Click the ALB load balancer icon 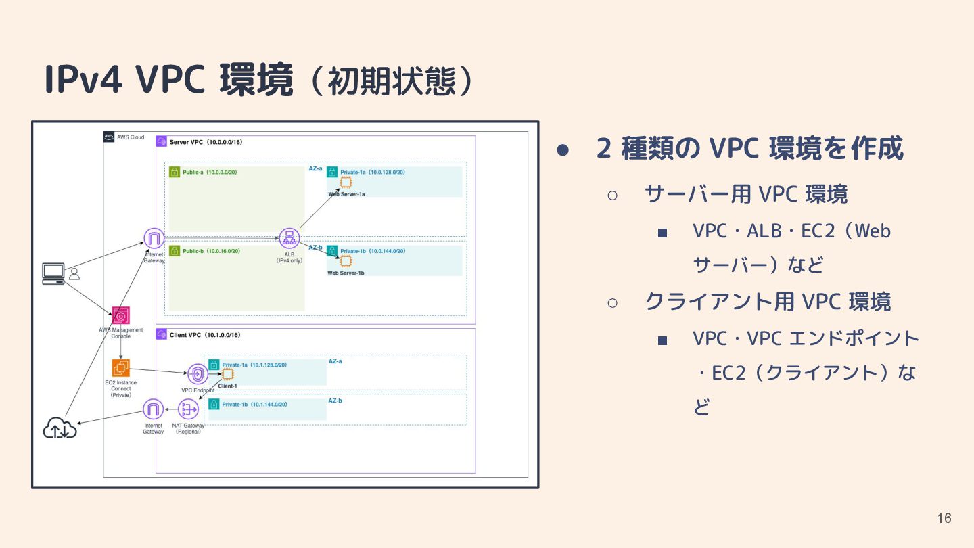[x=289, y=238]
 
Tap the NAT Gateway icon [x=187, y=409]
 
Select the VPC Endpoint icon [x=198, y=374]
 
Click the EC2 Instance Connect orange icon [x=122, y=368]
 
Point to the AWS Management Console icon [x=121, y=315]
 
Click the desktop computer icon [x=53, y=273]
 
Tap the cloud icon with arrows [x=60, y=428]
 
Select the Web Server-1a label [x=346, y=194]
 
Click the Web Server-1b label [x=346, y=273]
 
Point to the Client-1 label [x=227, y=386]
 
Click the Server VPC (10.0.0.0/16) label [x=206, y=142]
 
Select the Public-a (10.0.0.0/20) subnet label [x=209, y=173]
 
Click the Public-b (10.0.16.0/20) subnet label [x=211, y=251]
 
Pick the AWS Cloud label [x=131, y=137]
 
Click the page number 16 [x=944, y=518]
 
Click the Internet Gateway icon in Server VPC [x=154, y=238]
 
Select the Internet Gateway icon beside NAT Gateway [x=154, y=409]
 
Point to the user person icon [x=74, y=274]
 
